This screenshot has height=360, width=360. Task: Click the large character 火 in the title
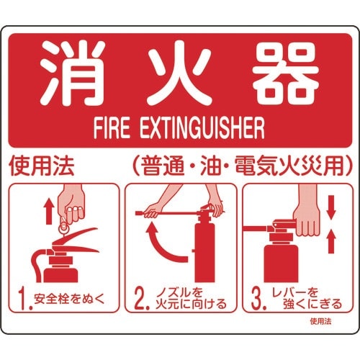pos(181,75)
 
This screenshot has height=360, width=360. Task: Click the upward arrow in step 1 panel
pos(48,213)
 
